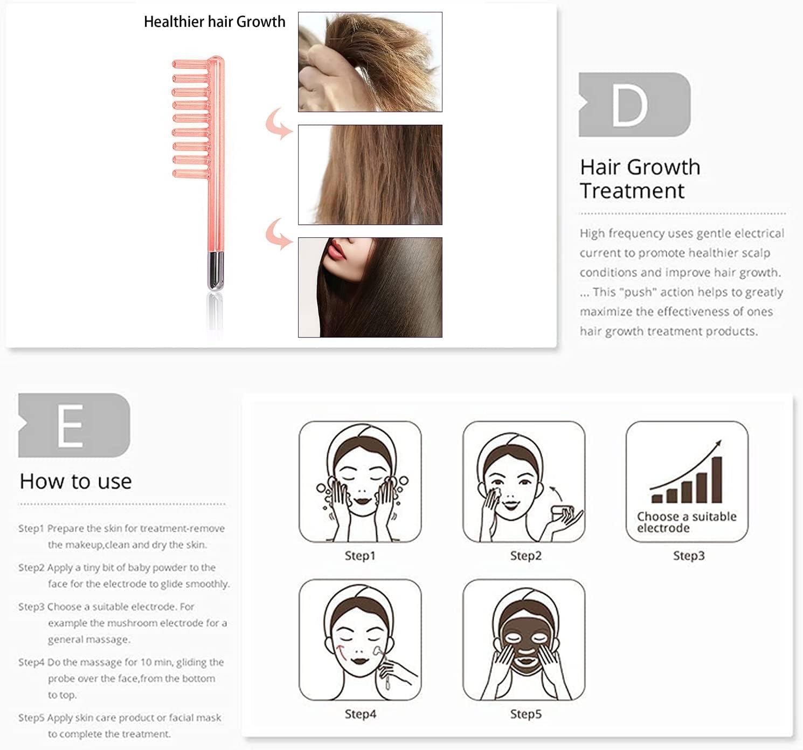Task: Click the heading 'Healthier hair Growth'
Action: pyautogui.click(x=214, y=22)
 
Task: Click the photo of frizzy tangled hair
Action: pyautogui.click(x=370, y=62)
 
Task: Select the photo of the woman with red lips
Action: pyautogui.click(x=370, y=287)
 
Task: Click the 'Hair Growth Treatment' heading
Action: pyautogui.click(x=640, y=179)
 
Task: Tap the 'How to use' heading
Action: pyautogui.click(x=75, y=481)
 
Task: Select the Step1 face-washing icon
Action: pyautogui.click(x=360, y=481)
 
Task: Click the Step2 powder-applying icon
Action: pyautogui.click(x=523, y=481)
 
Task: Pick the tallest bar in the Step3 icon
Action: pyautogui.click(x=717, y=479)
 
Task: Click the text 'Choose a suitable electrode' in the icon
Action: pyautogui.click(x=686, y=522)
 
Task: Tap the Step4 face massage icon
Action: pyautogui.click(x=360, y=639)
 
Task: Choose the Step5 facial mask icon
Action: pyautogui.click(x=523, y=639)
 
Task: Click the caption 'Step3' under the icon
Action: pyautogui.click(x=688, y=555)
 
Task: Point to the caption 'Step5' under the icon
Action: pyautogui.click(x=525, y=714)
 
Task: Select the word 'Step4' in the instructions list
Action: pyautogui.click(x=31, y=662)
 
